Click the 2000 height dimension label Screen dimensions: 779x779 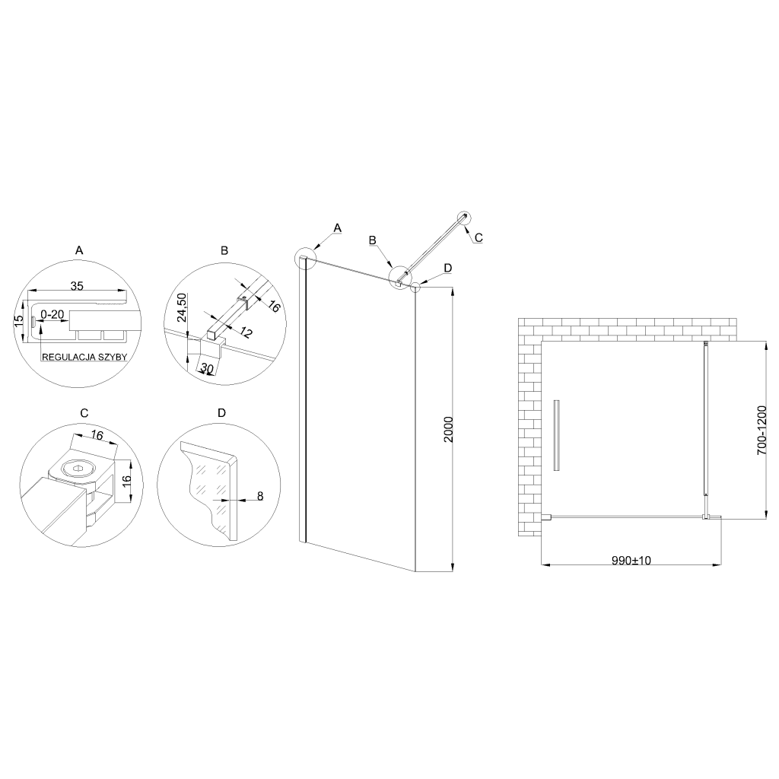coord(448,430)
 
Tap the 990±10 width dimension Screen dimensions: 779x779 coord(631,561)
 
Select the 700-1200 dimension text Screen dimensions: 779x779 coord(762,431)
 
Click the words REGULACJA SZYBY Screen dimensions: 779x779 coord(84,357)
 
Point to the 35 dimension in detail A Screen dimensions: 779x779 coord(77,286)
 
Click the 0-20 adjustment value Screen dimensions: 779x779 coord(52,314)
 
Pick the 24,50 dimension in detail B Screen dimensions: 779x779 coord(181,307)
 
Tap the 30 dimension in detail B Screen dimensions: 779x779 coord(207,367)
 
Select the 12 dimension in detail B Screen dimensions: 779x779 coord(246,332)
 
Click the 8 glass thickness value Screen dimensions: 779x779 coord(260,496)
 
